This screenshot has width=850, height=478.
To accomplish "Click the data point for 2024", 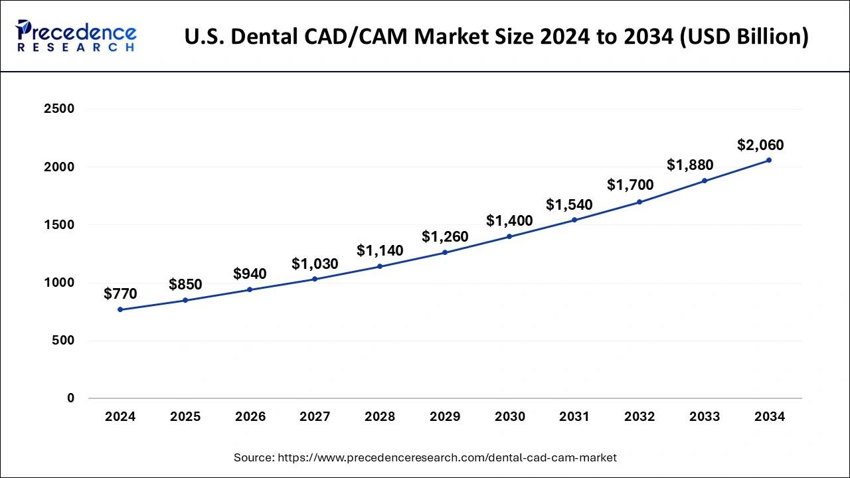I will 120,309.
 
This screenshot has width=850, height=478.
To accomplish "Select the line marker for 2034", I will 769,160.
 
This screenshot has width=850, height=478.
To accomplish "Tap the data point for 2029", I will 445,252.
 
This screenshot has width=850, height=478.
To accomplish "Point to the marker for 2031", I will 574,220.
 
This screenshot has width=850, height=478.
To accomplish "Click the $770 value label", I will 120,293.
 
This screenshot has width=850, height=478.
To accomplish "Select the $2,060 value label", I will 760,145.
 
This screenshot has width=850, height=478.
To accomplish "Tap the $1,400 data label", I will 509,220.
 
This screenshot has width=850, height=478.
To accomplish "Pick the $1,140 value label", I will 380,250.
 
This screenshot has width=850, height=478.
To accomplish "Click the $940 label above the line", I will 250,274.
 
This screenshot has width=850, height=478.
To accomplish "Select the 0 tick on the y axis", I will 70,398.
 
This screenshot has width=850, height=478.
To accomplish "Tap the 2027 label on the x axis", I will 315,417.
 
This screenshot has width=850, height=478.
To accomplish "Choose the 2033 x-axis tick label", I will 704,417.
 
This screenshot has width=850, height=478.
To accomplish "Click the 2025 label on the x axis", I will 185,417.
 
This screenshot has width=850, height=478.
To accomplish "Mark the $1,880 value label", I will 690,163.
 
